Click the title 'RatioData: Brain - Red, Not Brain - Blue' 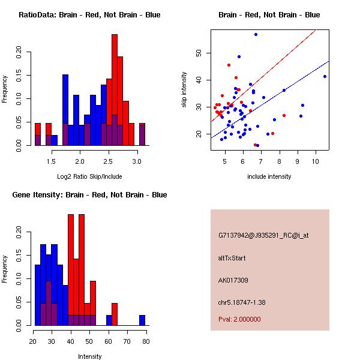click(x=89, y=14)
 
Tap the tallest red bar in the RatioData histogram click(x=113, y=90)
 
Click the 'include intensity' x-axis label click(x=269, y=176)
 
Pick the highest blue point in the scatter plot click(x=256, y=35)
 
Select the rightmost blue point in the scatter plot click(x=325, y=76)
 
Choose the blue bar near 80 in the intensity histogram click(x=142, y=320)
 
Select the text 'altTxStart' click(x=232, y=258)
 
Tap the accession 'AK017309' click(x=233, y=280)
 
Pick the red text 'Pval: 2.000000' click(x=239, y=319)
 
